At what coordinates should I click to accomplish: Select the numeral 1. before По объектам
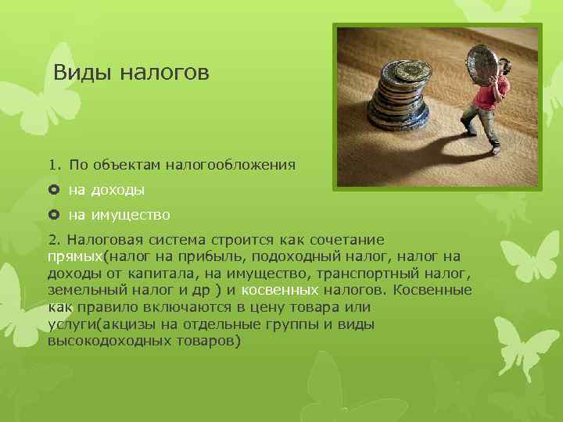coord(52,165)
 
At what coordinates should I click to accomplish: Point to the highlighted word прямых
coord(75,256)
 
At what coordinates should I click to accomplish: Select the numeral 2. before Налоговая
coord(52,239)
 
